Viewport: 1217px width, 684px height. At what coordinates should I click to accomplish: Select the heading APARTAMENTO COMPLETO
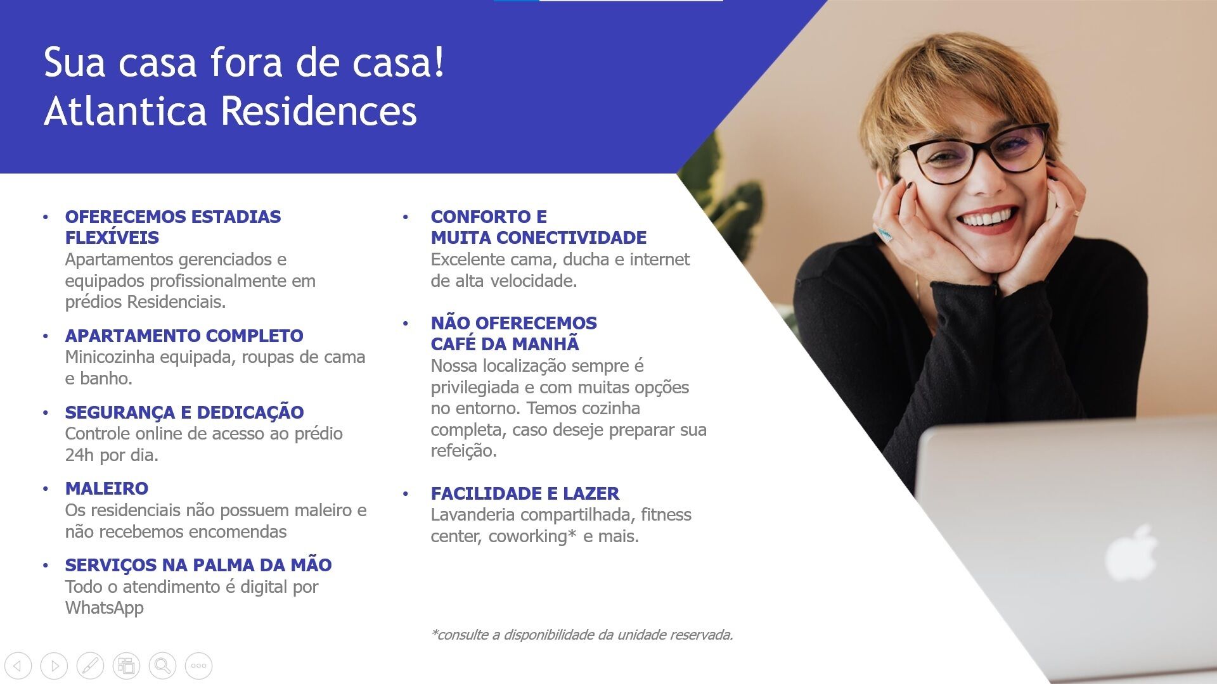click(x=184, y=336)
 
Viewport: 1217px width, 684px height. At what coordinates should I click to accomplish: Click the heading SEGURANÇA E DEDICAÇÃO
click(x=184, y=412)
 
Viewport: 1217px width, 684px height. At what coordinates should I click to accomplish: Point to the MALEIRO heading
click(x=106, y=488)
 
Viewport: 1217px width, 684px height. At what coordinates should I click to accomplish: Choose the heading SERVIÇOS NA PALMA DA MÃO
click(x=198, y=565)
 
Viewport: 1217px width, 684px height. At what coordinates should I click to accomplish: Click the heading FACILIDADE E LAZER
click(x=525, y=493)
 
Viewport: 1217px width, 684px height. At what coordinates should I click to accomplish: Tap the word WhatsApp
click(x=105, y=608)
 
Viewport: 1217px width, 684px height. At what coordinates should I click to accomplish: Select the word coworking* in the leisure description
click(x=532, y=536)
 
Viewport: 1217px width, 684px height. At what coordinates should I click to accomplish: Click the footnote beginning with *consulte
click(x=582, y=635)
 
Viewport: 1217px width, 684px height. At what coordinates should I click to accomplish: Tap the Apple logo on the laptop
click(x=1131, y=552)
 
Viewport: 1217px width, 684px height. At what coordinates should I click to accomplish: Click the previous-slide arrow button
click(x=18, y=666)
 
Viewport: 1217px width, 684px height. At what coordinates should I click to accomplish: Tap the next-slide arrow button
click(x=54, y=666)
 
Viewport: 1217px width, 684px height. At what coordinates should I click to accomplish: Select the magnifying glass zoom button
click(x=162, y=666)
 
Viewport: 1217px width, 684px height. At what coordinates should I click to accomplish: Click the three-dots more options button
click(x=198, y=666)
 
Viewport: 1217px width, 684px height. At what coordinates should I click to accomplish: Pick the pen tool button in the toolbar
click(x=90, y=666)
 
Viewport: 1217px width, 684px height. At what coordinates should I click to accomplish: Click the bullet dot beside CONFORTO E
click(x=406, y=217)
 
